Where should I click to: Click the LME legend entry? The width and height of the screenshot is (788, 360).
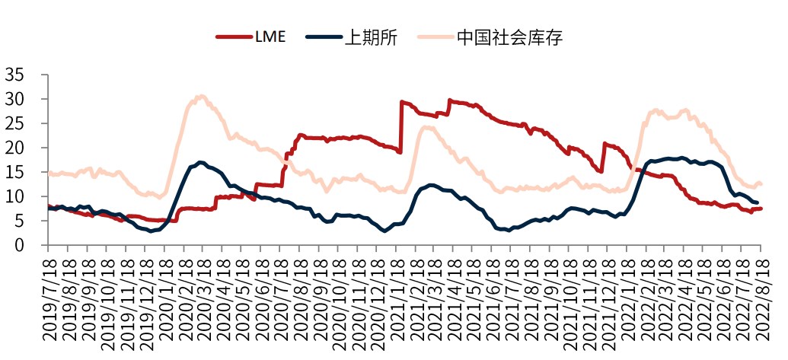270,37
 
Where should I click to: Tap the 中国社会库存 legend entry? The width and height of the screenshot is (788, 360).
509,37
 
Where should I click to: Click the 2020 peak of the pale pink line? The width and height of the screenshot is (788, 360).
200,96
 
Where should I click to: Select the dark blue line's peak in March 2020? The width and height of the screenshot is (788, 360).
200,162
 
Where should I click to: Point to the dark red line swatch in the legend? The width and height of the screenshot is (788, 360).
233,37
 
